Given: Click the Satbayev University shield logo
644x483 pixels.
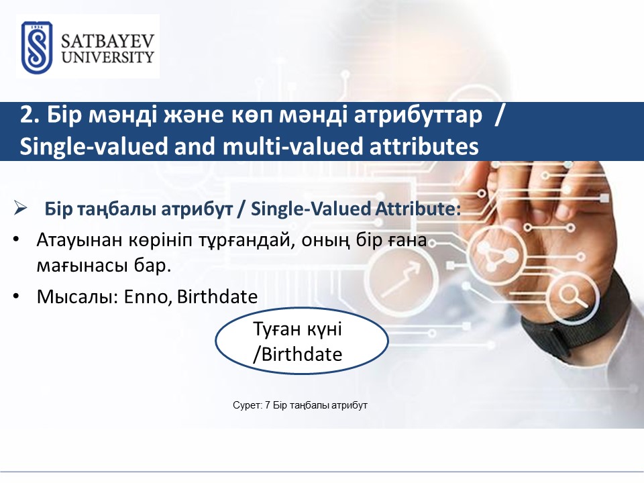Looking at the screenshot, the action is point(36,48).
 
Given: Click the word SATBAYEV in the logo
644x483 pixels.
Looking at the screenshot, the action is point(107,42).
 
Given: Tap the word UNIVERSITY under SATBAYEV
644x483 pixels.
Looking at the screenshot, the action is point(107,57).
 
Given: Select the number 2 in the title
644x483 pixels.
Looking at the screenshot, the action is point(27,115).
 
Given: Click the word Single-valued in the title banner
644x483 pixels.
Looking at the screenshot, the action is point(94,146).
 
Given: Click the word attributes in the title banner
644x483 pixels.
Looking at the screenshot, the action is point(424,146).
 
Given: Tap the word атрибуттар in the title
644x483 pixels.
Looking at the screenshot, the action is point(418,115).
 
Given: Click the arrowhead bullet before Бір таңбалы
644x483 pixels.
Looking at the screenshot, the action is point(20,208).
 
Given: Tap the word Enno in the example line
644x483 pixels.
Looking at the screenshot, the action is point(148,297).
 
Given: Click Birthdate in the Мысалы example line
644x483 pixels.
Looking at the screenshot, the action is point(217,297).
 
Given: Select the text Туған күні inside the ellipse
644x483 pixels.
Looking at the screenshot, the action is point(297,329).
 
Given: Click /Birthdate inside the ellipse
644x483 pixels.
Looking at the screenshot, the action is point(297,354).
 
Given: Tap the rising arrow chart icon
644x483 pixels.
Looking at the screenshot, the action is point(401,279).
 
